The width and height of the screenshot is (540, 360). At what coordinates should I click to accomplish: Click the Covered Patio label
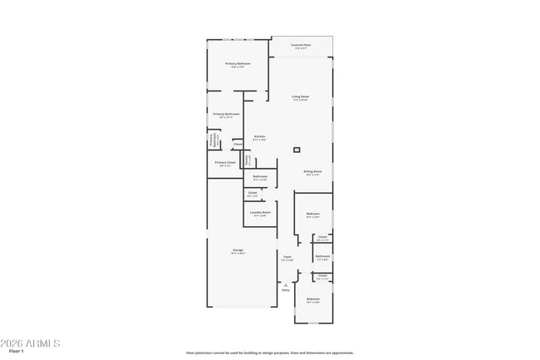[x=301, y=46]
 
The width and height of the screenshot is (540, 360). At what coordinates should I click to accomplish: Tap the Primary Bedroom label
[x=237, y=64]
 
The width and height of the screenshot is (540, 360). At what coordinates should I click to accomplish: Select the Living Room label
[x=300, y=97]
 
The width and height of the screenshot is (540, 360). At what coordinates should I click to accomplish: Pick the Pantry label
[x=247, y=159]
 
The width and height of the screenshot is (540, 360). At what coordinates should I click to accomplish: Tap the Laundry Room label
[x=260, y=213]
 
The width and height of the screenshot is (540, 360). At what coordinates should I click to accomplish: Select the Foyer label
[x=287, y=258]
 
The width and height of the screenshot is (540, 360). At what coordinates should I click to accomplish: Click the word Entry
[x=286, y=290]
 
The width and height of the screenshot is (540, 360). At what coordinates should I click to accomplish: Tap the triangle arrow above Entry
[x=286, y=284]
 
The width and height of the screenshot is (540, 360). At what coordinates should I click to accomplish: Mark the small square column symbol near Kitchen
[x=297, y=150]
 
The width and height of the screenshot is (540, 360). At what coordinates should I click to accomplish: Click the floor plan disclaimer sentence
[x=269, y=353]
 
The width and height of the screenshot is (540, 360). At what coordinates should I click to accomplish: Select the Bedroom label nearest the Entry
[x=313, y=299]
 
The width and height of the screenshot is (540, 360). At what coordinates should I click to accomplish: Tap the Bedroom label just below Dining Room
[x=312, y=215]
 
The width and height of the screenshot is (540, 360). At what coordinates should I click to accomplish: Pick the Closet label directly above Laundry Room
[x=252, y=194]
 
